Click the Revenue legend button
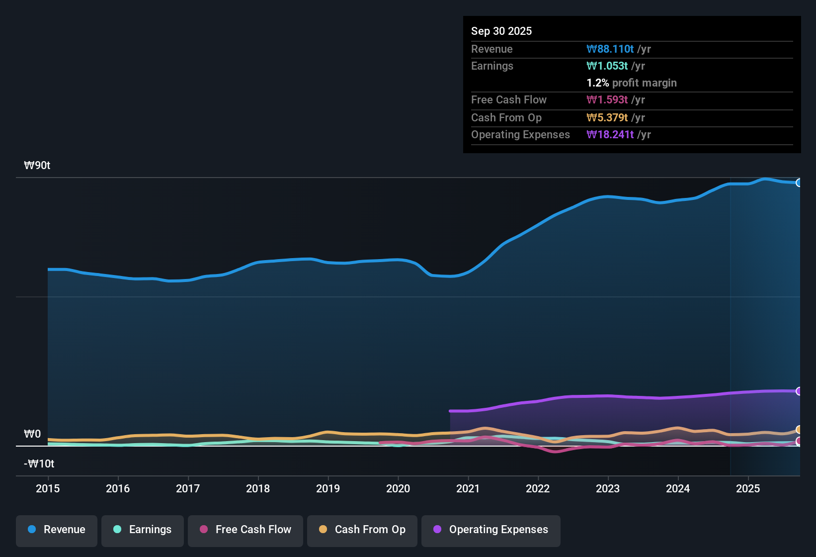tap(57, 530)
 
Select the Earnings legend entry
tap(143, 530)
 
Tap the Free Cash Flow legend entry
tap(245, 530)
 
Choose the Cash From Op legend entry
tap(362, 530)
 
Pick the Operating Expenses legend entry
tap(491, 530)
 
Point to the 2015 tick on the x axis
tap(48, 488)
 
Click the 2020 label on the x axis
tap(398, 488)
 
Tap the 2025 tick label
tap(748, 488)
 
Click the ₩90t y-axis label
tap(37, 166)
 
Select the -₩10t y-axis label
tap(39, 464)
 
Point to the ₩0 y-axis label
tap(32, 434)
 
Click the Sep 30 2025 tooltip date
tap(501, 31)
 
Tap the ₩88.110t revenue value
tap(610, 49)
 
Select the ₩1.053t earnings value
tap(607, 66)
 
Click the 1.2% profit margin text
tap(632, 83)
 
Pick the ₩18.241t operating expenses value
tap(610, 135)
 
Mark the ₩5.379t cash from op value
tap(607, 118)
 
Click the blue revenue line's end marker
tap(799, 183)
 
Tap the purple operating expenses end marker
tap(799, 391)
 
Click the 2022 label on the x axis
tap(538, 488)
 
